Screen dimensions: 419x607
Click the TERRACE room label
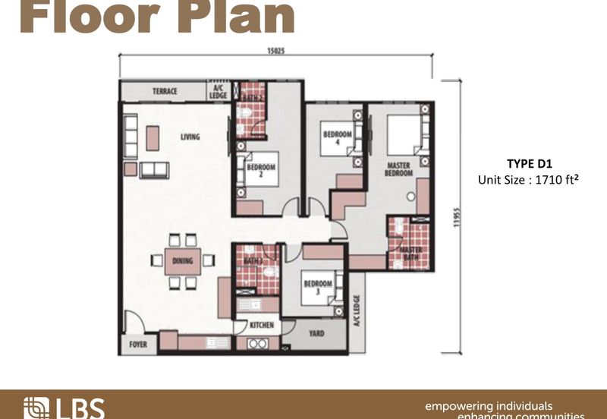pos(165,92)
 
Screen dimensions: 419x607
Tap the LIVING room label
pos(190,137)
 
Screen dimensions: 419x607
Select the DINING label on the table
pos(182,261)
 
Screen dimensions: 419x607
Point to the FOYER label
pos(137,342)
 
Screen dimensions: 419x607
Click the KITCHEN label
pos(262,326)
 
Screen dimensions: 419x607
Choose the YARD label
pos(316,332)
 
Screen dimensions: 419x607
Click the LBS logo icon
pos(35,408)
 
